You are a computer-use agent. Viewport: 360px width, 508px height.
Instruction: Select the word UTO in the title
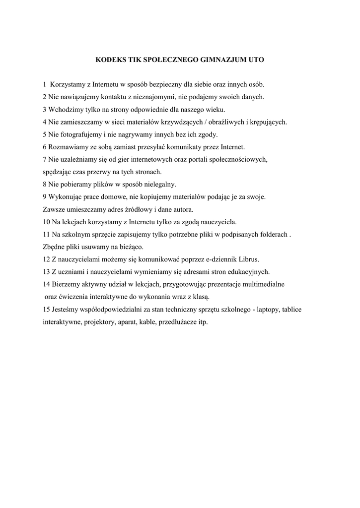coord(255,60)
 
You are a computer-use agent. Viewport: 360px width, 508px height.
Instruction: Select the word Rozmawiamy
coord(68,147)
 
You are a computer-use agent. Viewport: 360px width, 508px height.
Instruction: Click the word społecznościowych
coord(239,159)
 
